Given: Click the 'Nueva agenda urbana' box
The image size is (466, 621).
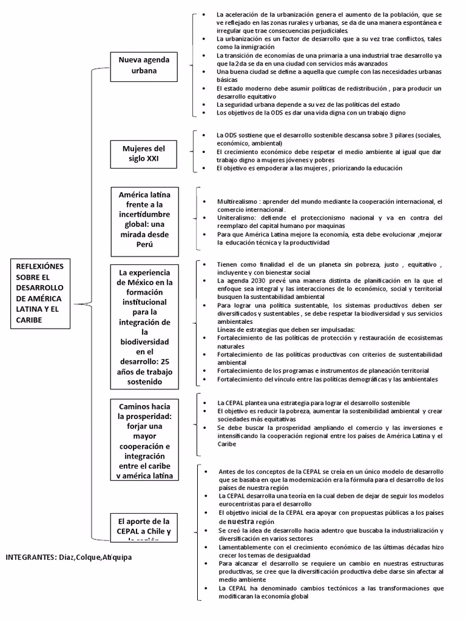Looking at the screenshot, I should (144, 65).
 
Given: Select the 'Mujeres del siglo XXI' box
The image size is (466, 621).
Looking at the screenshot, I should (144, 154).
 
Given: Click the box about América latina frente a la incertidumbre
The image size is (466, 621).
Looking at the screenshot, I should (144, 219).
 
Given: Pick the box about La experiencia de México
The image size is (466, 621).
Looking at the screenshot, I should (144, 326).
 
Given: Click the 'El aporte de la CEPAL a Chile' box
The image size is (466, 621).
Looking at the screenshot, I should (144, 526).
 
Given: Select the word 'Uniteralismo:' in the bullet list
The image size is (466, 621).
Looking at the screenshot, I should (237, 217).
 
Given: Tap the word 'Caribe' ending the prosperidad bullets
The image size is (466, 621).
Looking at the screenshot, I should (227, 443).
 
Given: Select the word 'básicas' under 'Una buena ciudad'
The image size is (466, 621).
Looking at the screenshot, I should (228, 79).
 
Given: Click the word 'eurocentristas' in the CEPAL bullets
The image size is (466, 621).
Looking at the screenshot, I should (241, 503).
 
